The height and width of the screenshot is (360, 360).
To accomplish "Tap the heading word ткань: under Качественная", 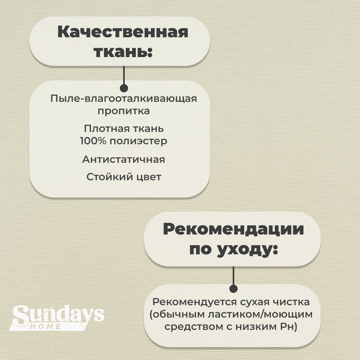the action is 123,51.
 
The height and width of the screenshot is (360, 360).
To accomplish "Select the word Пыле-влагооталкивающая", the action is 123,99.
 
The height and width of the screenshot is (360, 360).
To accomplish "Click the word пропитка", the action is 123,111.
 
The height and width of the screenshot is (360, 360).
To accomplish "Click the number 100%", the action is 93,141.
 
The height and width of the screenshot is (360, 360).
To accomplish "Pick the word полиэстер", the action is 138,141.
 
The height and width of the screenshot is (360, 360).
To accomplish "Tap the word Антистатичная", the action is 123,159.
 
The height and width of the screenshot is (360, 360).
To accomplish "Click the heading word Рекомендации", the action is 233,229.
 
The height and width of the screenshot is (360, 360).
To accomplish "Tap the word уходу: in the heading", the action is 247,249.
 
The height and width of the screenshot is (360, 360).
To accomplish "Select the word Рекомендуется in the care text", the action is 195,302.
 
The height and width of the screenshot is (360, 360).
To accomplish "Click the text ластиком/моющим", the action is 260,314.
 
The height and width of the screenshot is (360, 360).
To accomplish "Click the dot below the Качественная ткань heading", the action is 124,88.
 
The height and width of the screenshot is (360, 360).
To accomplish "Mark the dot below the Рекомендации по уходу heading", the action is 233,289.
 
